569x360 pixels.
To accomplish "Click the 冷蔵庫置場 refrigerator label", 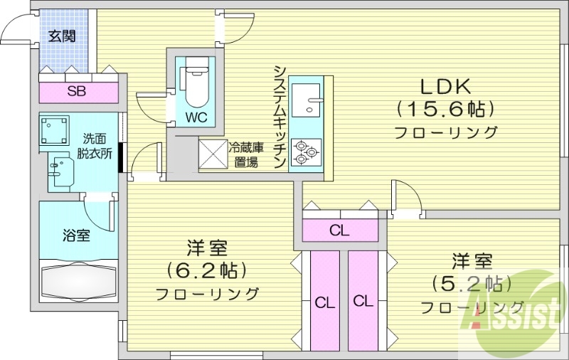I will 243,155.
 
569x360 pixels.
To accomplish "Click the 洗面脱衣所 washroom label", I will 94,145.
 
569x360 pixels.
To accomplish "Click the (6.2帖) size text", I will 207,270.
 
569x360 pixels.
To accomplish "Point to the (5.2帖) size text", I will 472,282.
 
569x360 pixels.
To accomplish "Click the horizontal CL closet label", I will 339,230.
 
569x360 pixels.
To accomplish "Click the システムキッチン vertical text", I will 280,117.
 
